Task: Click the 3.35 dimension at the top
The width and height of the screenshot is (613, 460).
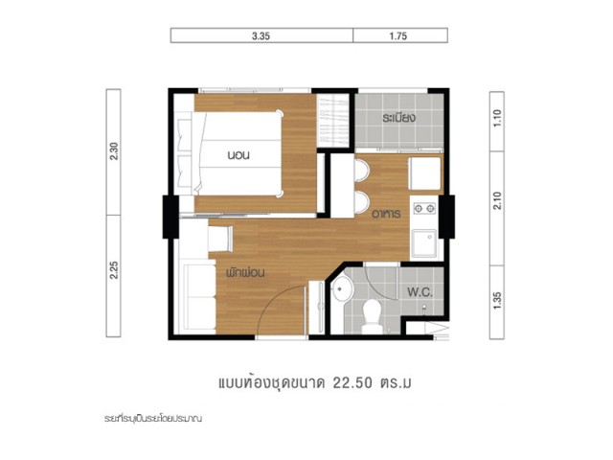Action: pos(261,36)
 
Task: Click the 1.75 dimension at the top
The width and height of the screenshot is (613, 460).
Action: pos(398,36)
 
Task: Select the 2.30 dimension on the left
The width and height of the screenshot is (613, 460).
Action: pos(114,151)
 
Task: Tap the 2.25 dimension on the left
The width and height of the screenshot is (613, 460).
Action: pos(114,270)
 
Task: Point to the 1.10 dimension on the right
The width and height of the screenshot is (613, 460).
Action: pos(497,118)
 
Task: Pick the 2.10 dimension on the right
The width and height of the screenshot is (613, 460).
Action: pos(497,200)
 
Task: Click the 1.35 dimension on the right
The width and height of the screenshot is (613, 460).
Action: pos(497,300)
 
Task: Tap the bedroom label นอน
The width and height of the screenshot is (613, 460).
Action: pos(238,155)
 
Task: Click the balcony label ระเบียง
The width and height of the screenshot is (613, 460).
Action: pos(398,117)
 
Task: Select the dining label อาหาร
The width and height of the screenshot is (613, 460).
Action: pos(386,214)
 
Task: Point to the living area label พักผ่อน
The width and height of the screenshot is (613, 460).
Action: pos(245,272)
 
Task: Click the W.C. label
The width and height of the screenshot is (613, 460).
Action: pos(420,292)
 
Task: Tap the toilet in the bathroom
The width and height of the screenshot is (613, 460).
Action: pos(372,317)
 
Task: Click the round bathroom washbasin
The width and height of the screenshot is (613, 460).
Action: pos(342,289)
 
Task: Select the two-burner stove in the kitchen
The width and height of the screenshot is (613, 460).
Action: pos(424,208)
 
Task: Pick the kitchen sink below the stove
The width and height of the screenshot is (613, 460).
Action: pos(424,242)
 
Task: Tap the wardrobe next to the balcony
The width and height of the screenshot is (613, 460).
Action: pos(332,121)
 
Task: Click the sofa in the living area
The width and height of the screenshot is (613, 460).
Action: pos(198,296)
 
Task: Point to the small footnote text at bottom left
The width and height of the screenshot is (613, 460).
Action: pos(153,419)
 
